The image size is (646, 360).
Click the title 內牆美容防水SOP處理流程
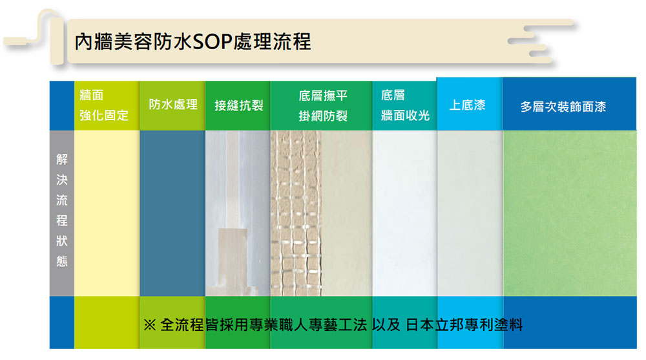pyautogui.click(x=193, y=42)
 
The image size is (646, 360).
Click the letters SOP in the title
pyautogui.click(x=212, y=42)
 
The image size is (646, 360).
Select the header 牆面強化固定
pyautogui.click(x=104, y=105)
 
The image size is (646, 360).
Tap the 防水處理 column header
pyautogui.click(x=173, y=105)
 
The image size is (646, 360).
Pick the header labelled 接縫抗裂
pyautogui.click(x=239, y=105)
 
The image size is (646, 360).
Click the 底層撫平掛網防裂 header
pyautogui.click(x=323, y=106)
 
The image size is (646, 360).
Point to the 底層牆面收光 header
pyautogui.click(x=405, y=105)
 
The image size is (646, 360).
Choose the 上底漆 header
pyautogui.click(x=467, y=105)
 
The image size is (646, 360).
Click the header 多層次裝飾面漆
pyautogui.click(x=563, y=107)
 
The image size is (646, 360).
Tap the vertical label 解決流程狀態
pyautogui.click(x=62, y=210)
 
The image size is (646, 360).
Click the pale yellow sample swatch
pyautogui.click(x=107, y=213)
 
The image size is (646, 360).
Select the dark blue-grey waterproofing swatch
pyautogui.click(x=172, y=213)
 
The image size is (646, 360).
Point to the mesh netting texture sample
pyautogui.click(x=296, y=213)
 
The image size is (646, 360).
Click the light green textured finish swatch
pyautogui.click(x=570, y=213)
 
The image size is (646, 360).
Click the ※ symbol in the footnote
pyautogui.click(x=150, y=325)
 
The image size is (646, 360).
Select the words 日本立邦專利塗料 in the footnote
pyautogui.click(x=464, y=325)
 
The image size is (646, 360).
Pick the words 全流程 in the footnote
pyautogui.click(x=182, y=325)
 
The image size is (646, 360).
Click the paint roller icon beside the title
pyautogui.click(x=35, y=36)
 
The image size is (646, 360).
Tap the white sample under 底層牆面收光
pyautogui.click(x=404, y=213)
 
